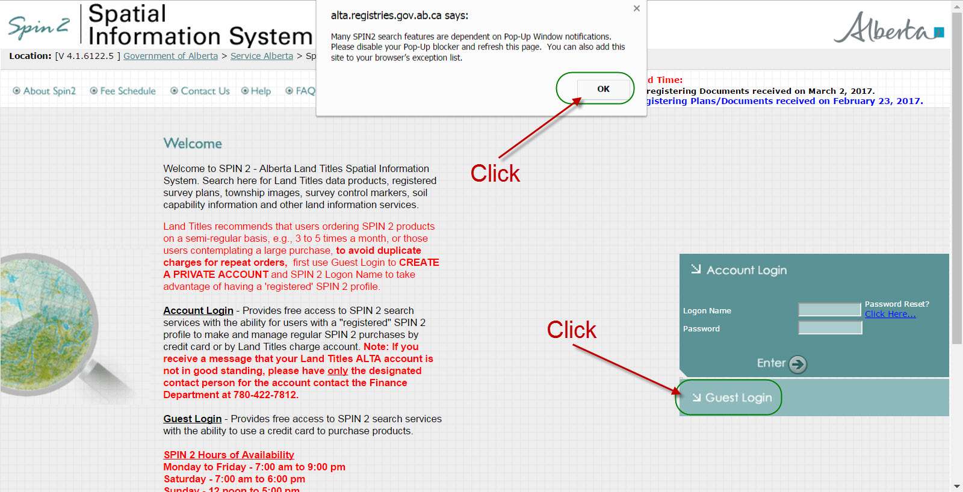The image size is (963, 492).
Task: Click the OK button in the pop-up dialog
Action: point(603,89)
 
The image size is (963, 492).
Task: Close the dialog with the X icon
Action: point(636,8)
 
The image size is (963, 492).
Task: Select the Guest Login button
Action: point(732,398)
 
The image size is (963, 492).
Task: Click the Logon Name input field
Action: point(829,310)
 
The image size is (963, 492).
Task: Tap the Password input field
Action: point(829,328)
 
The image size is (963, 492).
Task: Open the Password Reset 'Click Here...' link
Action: point(890,314)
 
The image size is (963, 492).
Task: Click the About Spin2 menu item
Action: point(45,91)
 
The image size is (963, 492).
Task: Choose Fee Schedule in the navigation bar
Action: point(123,91)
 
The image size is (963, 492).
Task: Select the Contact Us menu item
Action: point(200,91)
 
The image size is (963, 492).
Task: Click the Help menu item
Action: point(256,91)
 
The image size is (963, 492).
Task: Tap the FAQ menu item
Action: point(300,91)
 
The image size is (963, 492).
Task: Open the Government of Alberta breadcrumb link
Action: point(170,56)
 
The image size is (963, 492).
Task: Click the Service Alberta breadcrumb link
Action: point(261,56)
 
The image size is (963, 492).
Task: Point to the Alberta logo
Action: point(888,28)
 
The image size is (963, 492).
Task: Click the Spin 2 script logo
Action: point(39,27)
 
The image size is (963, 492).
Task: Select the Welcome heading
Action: point(193,143)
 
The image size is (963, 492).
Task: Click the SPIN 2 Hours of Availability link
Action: point(229,455)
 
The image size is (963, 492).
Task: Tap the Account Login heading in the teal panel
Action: point(746,270)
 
